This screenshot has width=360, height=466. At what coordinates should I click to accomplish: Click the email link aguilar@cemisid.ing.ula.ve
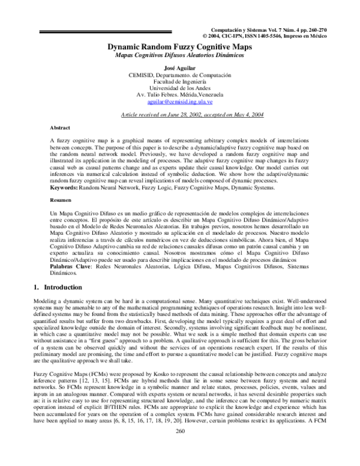(180, 101)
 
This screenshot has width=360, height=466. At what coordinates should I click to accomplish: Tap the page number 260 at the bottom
(180, 448)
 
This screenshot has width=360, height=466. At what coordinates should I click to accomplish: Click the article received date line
(180, 113)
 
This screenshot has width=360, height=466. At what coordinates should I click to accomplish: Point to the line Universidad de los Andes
(180, 88)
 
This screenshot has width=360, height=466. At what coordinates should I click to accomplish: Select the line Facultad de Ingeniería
(180, 82)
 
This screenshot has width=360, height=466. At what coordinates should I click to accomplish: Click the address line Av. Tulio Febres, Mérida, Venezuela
(180, 95)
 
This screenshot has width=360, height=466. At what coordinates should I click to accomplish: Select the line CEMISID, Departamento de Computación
(180, 75)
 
